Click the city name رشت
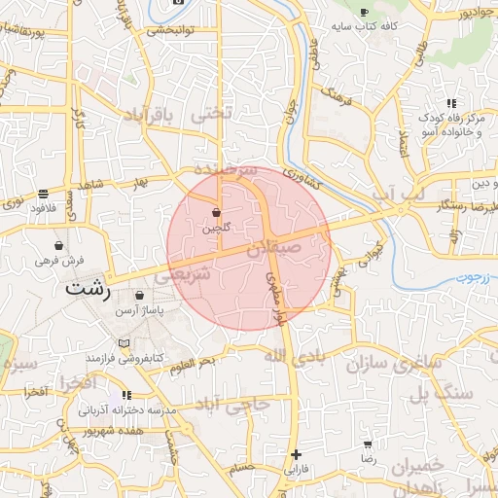tap(89, 289)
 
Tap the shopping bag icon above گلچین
tap(216, 212)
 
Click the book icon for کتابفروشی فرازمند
tap(123, 343)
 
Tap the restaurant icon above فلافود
tap(43, 193)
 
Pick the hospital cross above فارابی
tap(296, 454)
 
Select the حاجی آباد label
tap(231, 404)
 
